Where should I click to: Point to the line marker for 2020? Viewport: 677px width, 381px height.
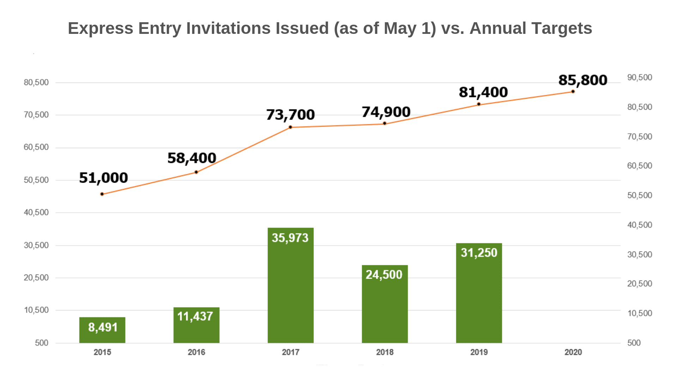(x=573, y=92)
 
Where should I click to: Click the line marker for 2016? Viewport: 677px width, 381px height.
(x=196, y=172)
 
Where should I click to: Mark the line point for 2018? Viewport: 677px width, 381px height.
(x=385, y=123)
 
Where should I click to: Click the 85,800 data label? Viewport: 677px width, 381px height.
(x=583, y=80)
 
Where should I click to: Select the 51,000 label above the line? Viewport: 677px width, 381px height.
(x=103, y=178)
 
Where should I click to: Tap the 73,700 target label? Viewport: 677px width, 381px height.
(x=290, y=115)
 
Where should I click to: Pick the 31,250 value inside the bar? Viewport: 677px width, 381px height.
(x=479, y=253)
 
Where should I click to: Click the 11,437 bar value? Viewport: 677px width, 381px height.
(x=195, y=316)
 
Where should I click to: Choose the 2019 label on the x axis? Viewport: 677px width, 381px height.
(x=479, y=352)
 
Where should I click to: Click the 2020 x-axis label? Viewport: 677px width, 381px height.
(x=573, y=352)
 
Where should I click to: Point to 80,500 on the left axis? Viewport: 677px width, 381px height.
(x=36, y=83)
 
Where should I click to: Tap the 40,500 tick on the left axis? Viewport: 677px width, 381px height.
(x=36, y=212)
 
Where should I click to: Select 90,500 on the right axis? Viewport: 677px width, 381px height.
(x=640, y=78)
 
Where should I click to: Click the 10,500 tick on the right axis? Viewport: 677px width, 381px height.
(x=640, y=313)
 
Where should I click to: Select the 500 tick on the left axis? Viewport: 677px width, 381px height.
(x=42, y=343)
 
